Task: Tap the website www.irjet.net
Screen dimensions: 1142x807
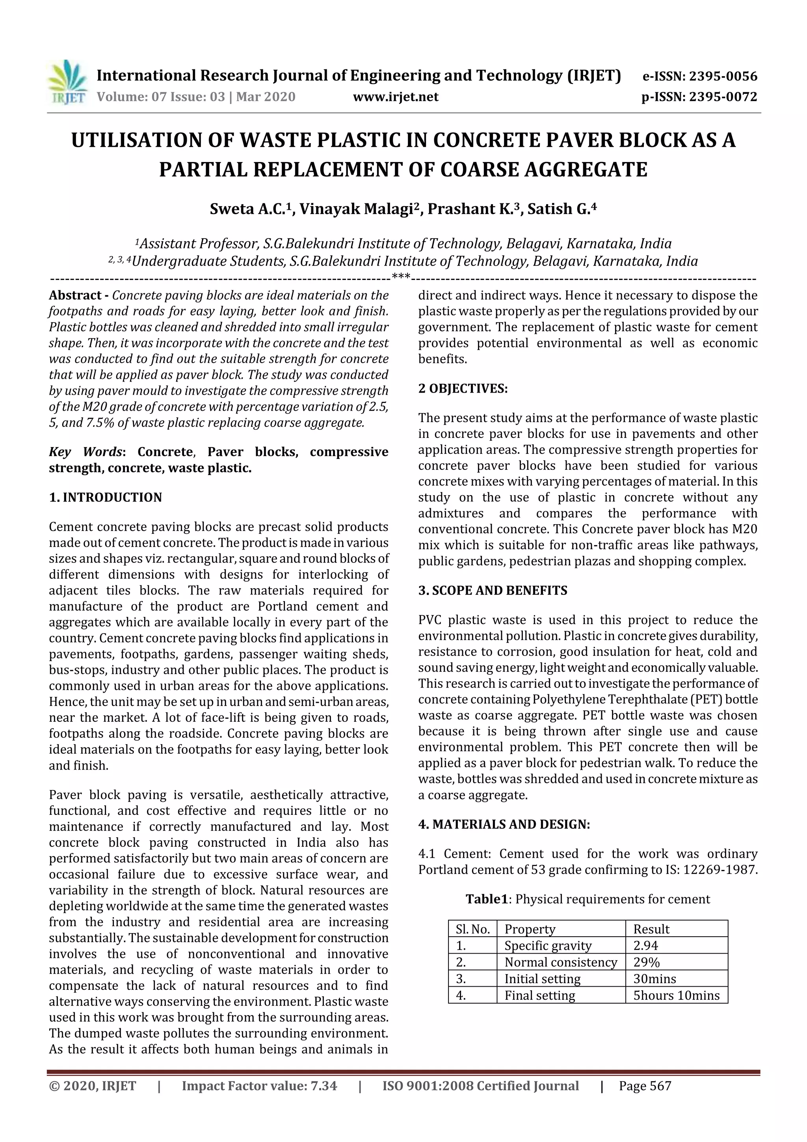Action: pyautogui.click(x=395, y=97)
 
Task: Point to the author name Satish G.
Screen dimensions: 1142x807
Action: pyautogui.click(x=561, y=209)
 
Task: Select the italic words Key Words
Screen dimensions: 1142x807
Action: pyautogui.click(x=85, y=452)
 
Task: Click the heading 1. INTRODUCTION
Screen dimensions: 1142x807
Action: pyautogui.click(x=106, y=497)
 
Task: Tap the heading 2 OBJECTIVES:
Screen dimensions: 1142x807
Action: pyautogui.click(x=463, y=388)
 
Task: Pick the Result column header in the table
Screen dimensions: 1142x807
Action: pyautogui.click(x=651, y=929)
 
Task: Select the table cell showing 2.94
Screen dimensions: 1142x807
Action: pyautogui.click(x=645, y=946)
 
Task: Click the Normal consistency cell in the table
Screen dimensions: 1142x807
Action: pyautogui.click(x=560, y=962)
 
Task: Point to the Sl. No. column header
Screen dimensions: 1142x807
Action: pyautogui.click(x=472, y=929)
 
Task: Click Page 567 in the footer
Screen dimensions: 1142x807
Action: pyautogui.click(x=645, y=1086)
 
